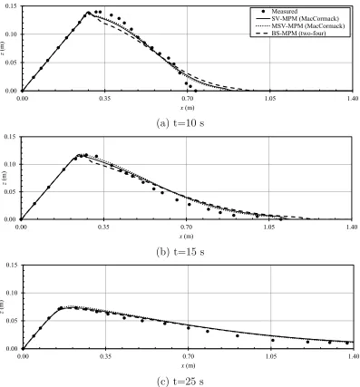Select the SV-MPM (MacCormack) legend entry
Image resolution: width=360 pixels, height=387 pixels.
click(x=297, y=19)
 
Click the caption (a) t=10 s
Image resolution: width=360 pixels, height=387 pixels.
click(x=180, y=123)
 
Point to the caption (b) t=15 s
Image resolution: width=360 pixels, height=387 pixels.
click(x=180, y=252)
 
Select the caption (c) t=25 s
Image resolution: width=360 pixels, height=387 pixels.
click(x=180, y=382)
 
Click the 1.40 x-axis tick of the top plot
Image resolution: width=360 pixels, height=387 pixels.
click(x=353, y=99)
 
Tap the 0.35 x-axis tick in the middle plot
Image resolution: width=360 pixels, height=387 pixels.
click(x=103, y=227)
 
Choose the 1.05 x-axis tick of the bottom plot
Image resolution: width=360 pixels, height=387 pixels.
click(x=271, y=356)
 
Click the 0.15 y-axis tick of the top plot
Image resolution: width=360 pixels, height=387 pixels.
click(x=12, y=6)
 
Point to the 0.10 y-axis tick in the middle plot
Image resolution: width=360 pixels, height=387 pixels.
click(x=11, y=164)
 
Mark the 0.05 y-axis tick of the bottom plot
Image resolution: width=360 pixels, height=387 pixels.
click(x=12, y=321)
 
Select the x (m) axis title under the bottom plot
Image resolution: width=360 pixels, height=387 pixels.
click(x=188, y=365)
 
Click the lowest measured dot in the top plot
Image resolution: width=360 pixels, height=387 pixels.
click(x=196, y=91)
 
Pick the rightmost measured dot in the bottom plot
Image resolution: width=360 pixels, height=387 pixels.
click(x=347, y=343)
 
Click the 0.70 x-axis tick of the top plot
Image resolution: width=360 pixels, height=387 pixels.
click(x=188, y=99)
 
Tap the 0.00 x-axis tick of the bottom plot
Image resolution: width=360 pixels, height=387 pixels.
click(x=23, y=356)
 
